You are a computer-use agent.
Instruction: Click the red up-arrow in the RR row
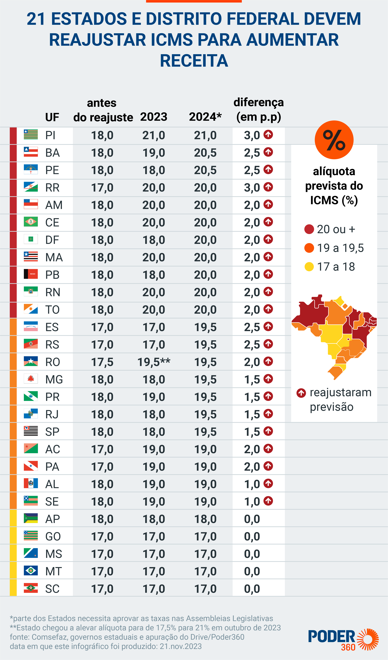268,187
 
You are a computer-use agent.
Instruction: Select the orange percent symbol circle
334,140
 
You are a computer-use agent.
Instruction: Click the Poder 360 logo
343,640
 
